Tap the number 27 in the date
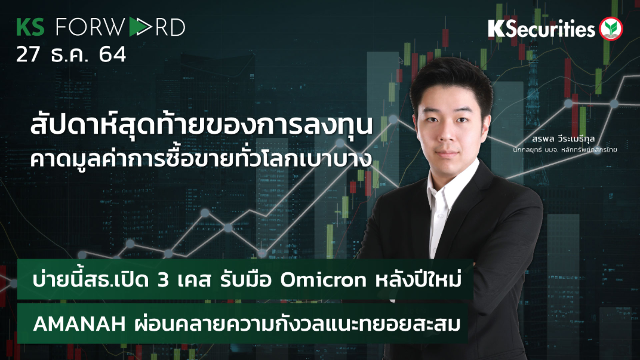28,55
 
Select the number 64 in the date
112,55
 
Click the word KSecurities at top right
541,29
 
